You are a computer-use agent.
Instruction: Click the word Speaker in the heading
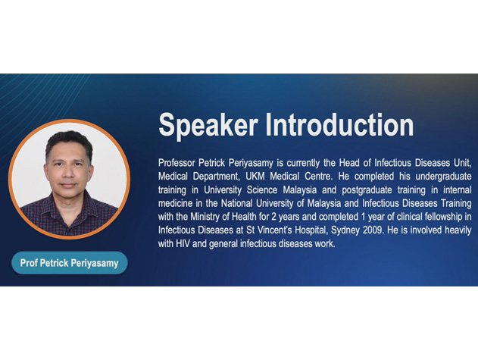(208, 125)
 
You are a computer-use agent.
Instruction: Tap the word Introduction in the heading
(339, 124)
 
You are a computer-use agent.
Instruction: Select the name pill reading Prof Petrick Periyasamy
(69, 263)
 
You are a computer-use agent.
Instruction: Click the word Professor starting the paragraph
(177, 163)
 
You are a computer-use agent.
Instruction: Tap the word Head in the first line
(349, 163)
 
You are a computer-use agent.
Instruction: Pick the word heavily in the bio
(458, 230)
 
